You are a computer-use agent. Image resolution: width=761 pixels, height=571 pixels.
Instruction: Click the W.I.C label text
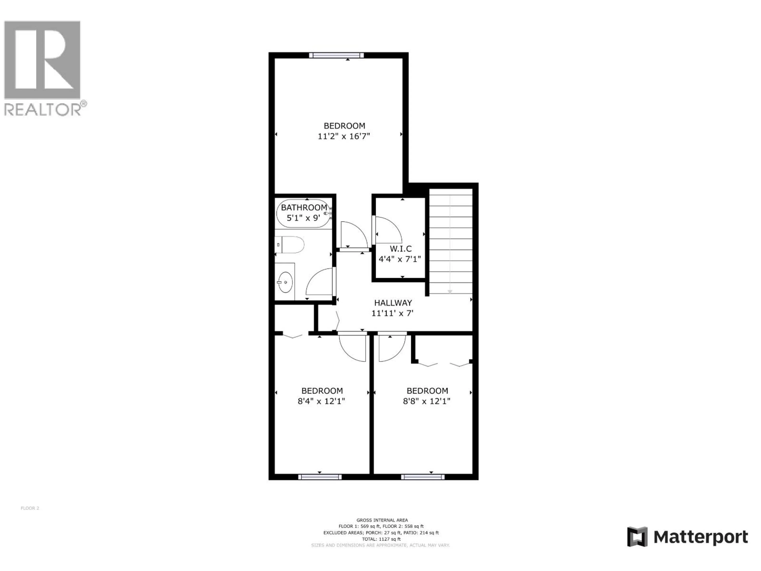pyautogui.click(x=401, y=248)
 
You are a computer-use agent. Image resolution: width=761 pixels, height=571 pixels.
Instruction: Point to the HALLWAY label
pyautogui.click(x=393, y=303)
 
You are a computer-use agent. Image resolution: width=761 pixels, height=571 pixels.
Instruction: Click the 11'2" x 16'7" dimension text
pyautogui.click(x=343, y=136)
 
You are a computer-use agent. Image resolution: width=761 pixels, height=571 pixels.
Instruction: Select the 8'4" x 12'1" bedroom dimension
pyautogui.click(x=321, y=401)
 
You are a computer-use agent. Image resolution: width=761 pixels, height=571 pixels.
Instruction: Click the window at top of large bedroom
pyautogui.click(x=336, y=55)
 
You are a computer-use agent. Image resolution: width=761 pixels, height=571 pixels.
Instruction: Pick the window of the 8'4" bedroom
pyautogui.click(x=320, y=477)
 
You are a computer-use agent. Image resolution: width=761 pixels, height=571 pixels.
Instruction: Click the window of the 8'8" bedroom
pyautogui.click(x=423, y=477)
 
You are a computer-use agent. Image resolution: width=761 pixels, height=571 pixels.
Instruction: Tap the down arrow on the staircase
pyautogui.click(x=450, y=291)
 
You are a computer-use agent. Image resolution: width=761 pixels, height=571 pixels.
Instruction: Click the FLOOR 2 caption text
pyautogui.click(x=30, y=508)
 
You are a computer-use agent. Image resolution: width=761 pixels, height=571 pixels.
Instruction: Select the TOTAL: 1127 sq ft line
pyautogui.click(x=381, y=539)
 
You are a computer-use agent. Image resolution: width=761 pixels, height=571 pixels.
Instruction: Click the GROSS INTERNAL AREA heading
pyautogui.click(x=382, y=520)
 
